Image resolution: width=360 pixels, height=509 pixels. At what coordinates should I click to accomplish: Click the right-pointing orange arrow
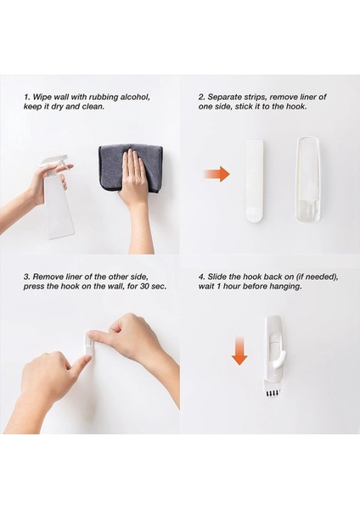[217, 174]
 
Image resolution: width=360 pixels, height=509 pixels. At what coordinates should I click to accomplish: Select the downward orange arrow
[239, 351]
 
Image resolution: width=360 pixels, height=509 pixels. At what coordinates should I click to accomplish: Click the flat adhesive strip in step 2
[256, 181]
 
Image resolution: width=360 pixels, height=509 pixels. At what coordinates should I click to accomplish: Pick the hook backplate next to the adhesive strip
[308, 180]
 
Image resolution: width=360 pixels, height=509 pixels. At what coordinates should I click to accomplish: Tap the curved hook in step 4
[278, 360]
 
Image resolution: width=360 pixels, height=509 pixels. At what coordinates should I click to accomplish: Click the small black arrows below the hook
[273, 394]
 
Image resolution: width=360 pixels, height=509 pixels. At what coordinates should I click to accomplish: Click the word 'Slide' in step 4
[217, 277]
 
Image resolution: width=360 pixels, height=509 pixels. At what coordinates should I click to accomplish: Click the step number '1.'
[27, 97]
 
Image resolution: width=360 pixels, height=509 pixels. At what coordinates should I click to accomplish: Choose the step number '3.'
[27, 277]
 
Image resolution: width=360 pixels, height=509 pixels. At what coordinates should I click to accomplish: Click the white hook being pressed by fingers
[89, 344]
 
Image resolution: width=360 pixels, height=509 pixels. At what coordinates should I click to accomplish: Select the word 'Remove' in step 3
[46, 277]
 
